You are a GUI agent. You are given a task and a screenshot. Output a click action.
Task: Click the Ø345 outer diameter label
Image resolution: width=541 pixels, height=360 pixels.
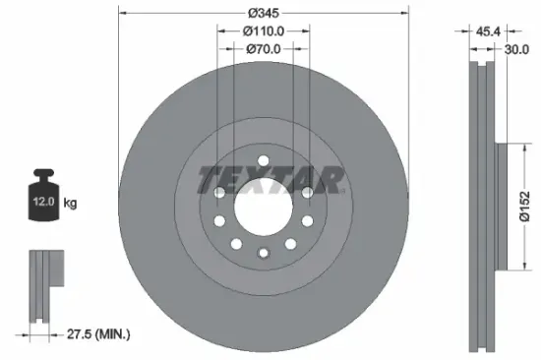tap(263, 13)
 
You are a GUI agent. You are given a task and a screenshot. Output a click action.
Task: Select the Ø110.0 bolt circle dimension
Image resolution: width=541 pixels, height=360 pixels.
tap(263, 32)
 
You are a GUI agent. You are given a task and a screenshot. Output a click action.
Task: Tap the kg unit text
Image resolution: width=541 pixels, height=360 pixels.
tap(71, 204)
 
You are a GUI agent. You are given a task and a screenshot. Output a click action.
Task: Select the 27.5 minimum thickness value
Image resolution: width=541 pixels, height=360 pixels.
tap(73, 334)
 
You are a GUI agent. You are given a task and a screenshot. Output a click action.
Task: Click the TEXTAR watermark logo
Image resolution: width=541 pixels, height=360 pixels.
tap(270, 179)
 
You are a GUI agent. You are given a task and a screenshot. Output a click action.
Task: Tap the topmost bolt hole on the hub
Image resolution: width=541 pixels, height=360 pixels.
tap(263, 160)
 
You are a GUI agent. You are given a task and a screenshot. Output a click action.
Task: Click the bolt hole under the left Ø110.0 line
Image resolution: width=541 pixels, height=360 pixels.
tap(218, 194)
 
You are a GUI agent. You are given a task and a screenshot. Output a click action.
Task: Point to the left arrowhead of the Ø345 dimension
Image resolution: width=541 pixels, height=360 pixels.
tap(123, 13)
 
